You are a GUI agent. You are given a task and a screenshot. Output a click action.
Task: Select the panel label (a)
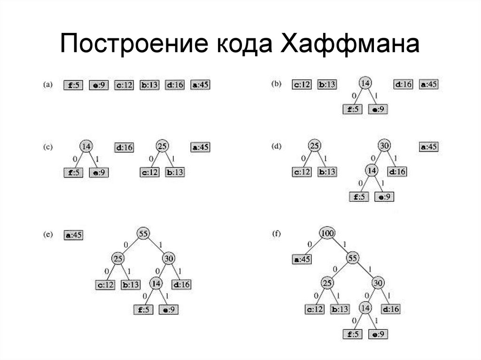click(x=47, y=85)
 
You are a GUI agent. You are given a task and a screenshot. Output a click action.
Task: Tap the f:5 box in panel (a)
click(x=73, y=85)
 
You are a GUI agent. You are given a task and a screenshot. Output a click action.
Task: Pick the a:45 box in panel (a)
click(x=200, y=85)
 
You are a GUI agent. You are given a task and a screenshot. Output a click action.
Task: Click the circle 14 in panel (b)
click(x=365, y=84)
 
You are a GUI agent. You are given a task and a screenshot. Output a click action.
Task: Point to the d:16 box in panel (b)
click(x=403, y=84)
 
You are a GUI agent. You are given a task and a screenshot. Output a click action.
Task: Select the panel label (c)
click(x=47, y=147)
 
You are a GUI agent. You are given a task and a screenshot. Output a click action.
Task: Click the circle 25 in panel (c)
click(x=162, y=146)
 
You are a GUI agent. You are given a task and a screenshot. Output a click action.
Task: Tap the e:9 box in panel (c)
click(x=99, y=172)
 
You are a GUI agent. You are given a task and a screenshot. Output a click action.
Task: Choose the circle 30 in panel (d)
click(x=384, y=146)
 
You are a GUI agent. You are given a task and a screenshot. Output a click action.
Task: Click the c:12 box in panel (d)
click(x=302, y=172)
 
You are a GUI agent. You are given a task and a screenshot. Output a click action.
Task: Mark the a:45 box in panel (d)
click(x=428, y=147)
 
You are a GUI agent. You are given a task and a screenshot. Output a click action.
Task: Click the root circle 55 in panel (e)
click(x=143, y=233)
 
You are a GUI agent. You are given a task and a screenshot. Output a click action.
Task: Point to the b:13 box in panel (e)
click(x=131, y=284)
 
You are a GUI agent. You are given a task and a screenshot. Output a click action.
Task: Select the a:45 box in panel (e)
click(x=73, y=235)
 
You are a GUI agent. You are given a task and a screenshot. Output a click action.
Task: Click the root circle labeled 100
click(x=326, y=233)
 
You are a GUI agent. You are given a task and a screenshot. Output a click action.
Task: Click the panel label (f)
click(x=277, y=233)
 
